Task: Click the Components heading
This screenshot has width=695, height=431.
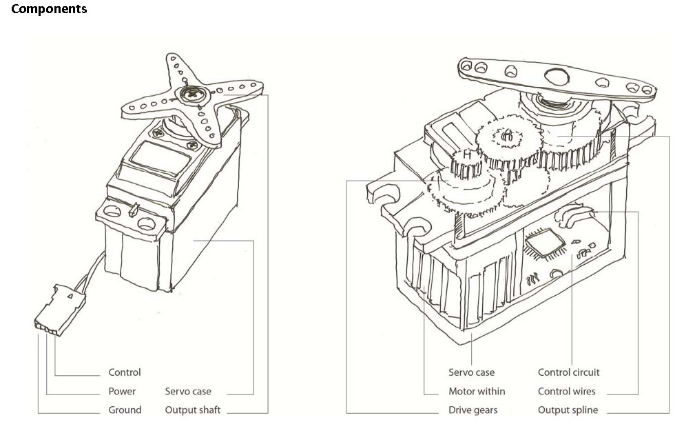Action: [49, 9]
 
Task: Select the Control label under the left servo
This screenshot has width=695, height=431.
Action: [125, 372]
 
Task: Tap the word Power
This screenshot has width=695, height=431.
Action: [122, 391]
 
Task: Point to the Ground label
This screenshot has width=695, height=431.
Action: [125, 410]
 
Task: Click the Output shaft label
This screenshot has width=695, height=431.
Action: [193, 410]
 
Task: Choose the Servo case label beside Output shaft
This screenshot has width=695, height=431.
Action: [188, 391]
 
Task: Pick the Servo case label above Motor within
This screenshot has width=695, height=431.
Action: [471, 372]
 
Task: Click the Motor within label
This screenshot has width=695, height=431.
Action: [477, 391]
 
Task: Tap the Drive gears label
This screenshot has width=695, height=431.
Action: [473, 410]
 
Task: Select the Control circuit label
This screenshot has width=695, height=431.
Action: [569, 372]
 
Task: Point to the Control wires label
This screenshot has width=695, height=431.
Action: [567, 391]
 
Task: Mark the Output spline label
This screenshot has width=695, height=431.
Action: [568, 410]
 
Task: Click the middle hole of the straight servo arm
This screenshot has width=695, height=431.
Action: [511, 71]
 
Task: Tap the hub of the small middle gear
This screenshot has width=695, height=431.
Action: [505, 137]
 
